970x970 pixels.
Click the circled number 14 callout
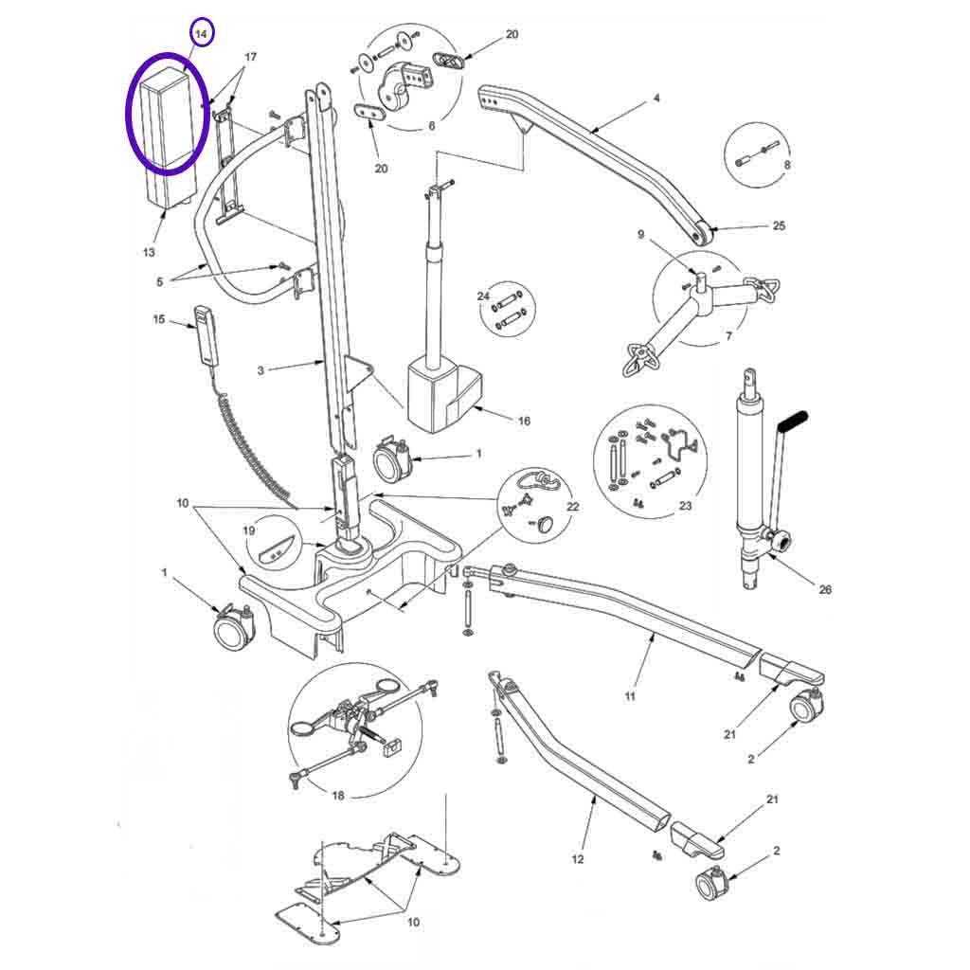point(201,33)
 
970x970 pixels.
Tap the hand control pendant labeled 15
point(204,338)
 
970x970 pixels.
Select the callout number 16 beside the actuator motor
point(524,421)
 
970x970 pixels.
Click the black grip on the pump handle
point(794,422)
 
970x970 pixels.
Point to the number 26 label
point(825,589)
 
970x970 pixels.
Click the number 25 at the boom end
point(779,225)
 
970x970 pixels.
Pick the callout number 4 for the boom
point(657,98)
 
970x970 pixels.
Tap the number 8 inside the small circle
point(787,165)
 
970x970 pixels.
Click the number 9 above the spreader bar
point(641,235)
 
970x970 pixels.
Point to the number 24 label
point(483,296)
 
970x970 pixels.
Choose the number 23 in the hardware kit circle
point(686,506)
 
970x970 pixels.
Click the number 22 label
point(573,507)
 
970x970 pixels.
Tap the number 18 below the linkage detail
point(338,796)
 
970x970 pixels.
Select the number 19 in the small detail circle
point(249,530)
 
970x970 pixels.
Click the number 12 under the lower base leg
point(577,859)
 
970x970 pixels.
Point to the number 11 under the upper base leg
point(630,696)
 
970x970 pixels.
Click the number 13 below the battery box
point(149,252)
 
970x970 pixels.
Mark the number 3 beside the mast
point(260,370)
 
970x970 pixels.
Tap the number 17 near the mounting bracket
point(250,57)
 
